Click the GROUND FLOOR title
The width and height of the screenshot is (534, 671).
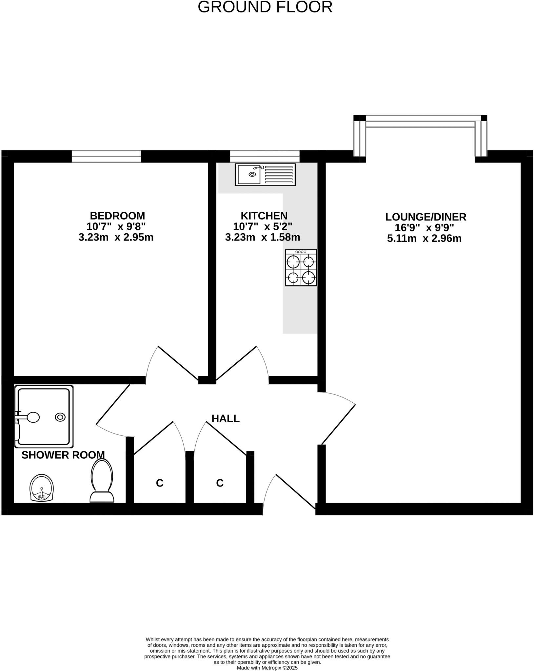click(265, 7)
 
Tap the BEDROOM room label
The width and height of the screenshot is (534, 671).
click(117, 216)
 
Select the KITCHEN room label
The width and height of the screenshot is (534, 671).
click(264, 216)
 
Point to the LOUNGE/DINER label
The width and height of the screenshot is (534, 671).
click(425, 217)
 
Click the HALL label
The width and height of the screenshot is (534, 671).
click(226, 418)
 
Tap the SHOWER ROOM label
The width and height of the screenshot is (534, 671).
click(63, 455)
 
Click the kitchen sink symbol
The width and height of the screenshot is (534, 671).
click(265, 174)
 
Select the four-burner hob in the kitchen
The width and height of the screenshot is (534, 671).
click(301, 268)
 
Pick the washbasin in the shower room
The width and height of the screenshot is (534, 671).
click(42, 488)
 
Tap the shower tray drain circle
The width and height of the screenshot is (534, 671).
click(60, 417)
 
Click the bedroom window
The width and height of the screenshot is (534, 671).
click(106, 156)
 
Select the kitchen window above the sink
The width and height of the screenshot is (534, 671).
click(265, 156)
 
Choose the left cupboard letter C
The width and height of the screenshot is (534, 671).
click(160, 483)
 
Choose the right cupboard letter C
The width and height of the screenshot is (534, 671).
click(220, 483)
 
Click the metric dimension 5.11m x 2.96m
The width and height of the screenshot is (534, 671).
click(424, 238)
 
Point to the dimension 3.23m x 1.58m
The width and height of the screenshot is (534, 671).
click(263, 237)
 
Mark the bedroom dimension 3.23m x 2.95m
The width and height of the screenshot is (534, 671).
click(116, 237)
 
